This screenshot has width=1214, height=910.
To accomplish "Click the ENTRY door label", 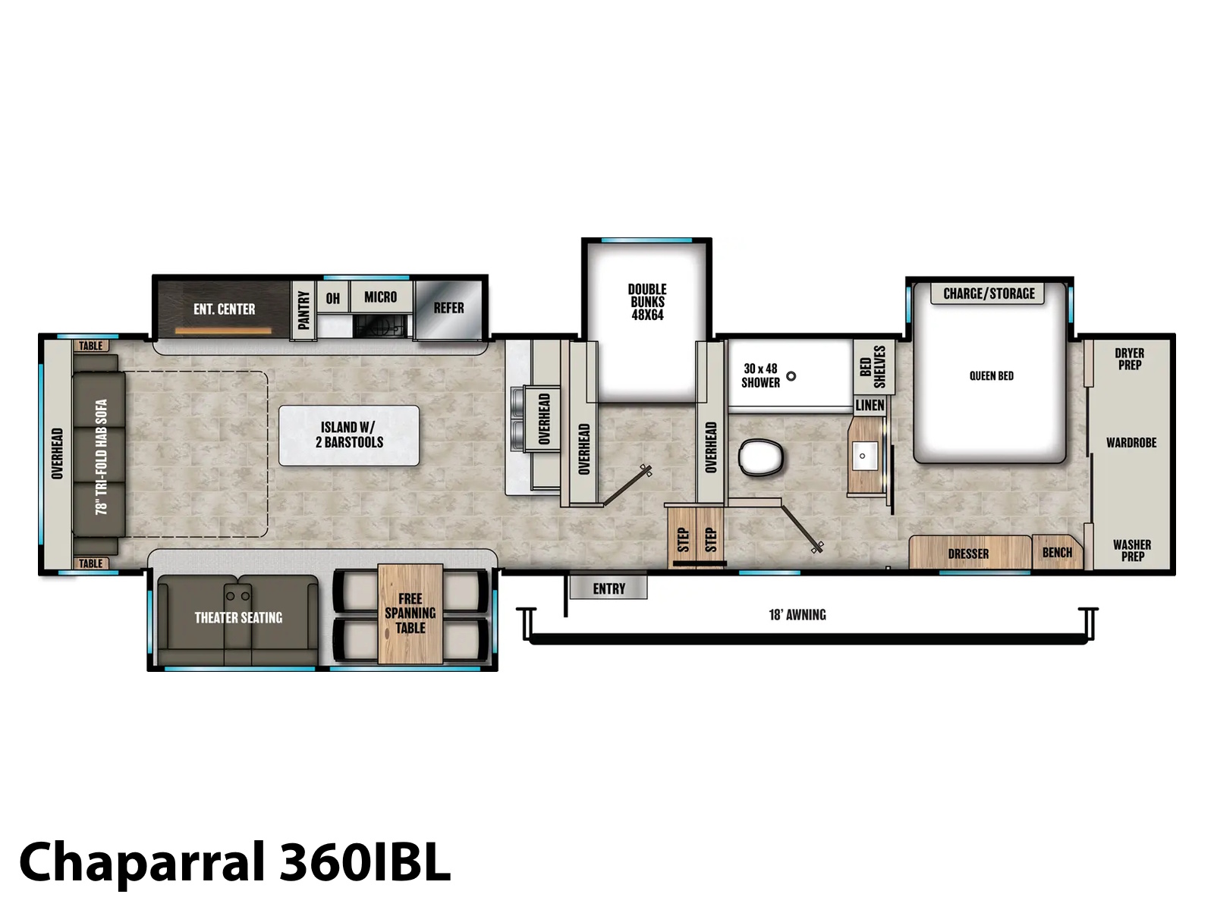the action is (x=609, y=588).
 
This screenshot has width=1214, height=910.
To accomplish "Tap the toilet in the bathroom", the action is (x=761, y=457).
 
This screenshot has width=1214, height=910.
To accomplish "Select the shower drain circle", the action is (x=791, y=376).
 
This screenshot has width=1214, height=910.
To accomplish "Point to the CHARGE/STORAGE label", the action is (x=989, y=293).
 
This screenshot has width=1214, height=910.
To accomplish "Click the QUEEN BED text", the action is (x=991, y=375).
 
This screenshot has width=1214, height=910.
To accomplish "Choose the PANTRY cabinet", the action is (x=303, y=310).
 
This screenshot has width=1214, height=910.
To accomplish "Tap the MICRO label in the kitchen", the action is (x=381, y=297).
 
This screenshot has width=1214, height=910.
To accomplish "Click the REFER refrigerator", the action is (x=449, y=309).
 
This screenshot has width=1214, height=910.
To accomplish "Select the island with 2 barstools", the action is (x=349, y=435).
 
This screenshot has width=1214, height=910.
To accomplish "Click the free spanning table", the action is (x=410, y=613).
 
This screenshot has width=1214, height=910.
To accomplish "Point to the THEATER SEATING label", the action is (x=238, y=617).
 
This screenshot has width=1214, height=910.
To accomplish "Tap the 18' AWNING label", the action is (x=797, y=614).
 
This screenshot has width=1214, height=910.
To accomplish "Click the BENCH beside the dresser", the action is (x=1057, y=552).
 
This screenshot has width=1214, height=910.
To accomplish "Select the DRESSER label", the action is (x=968, y=553).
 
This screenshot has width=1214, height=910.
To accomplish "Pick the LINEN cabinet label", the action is (x=870, y=406).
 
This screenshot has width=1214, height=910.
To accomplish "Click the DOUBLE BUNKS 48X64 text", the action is (x=647, y=302).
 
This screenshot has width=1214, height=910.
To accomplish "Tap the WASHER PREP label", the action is (x=1131, y=551).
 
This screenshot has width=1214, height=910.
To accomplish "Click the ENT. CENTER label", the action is (x=224, y=309).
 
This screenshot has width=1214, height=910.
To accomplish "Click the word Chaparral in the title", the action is (x=143, y=862).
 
